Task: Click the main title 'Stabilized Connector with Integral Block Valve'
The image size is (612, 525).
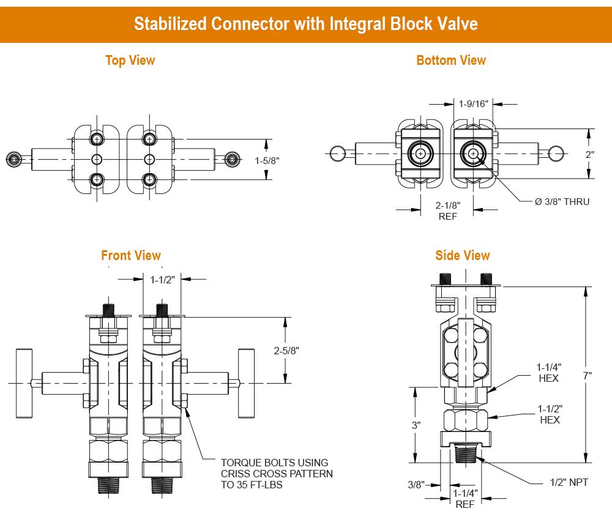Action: click(x=305, y=24)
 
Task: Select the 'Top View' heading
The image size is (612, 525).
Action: click(x=130, y=61)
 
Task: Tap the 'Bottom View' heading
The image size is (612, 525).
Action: click(x=451, y=61)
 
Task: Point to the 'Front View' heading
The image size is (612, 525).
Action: click(x=131, y=255)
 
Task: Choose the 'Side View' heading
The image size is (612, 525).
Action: click(x=463, y=255)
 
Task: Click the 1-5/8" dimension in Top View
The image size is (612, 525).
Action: click(x=267, y=161)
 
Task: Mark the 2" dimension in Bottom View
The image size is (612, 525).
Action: click(x=589, y=154)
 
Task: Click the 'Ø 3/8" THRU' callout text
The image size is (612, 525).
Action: click(x=562, y=202)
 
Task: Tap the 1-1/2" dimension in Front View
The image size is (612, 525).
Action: click(x=163, y=279)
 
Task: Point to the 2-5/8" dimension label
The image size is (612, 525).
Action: click(x=286, y=351)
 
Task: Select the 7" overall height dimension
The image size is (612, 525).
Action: click(x=588, y=375)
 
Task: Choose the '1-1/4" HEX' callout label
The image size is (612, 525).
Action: click(x=549, y=372)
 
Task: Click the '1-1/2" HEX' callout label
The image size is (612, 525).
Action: click(x=549, y=414)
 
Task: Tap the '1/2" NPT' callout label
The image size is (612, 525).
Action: click(x=569, y=483)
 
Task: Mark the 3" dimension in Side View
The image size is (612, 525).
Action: click(x=416, y=425)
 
